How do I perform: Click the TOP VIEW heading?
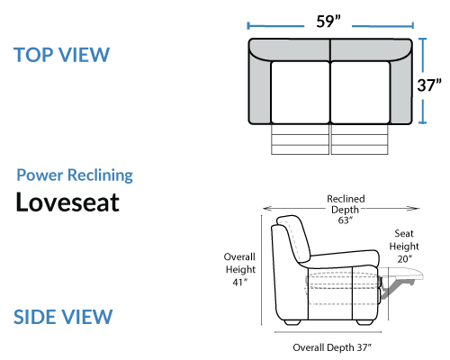tap(62, 55)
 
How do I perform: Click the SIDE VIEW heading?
tap(63, 317)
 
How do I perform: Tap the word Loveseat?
tap(67, 202)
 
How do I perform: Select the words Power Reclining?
tap(75, 175)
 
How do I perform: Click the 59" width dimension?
tap(328, 22)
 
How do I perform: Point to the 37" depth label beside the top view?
tap(429, 85)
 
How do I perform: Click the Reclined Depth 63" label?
tap(346, 210)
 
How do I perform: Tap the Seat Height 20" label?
tap(404, 246)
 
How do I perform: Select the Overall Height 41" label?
tap(240, 269)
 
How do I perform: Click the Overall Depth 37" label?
tap(332, 347)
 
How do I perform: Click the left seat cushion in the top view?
tap(300, 93)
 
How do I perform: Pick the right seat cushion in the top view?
tap(360, 93)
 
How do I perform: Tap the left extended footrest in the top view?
tap(300, 139)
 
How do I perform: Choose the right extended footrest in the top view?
tap(360, 139)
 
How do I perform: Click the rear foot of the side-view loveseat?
tap(292, 322)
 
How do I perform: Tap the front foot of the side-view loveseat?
tap(364, 322)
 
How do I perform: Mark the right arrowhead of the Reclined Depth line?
tap(416, 208)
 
